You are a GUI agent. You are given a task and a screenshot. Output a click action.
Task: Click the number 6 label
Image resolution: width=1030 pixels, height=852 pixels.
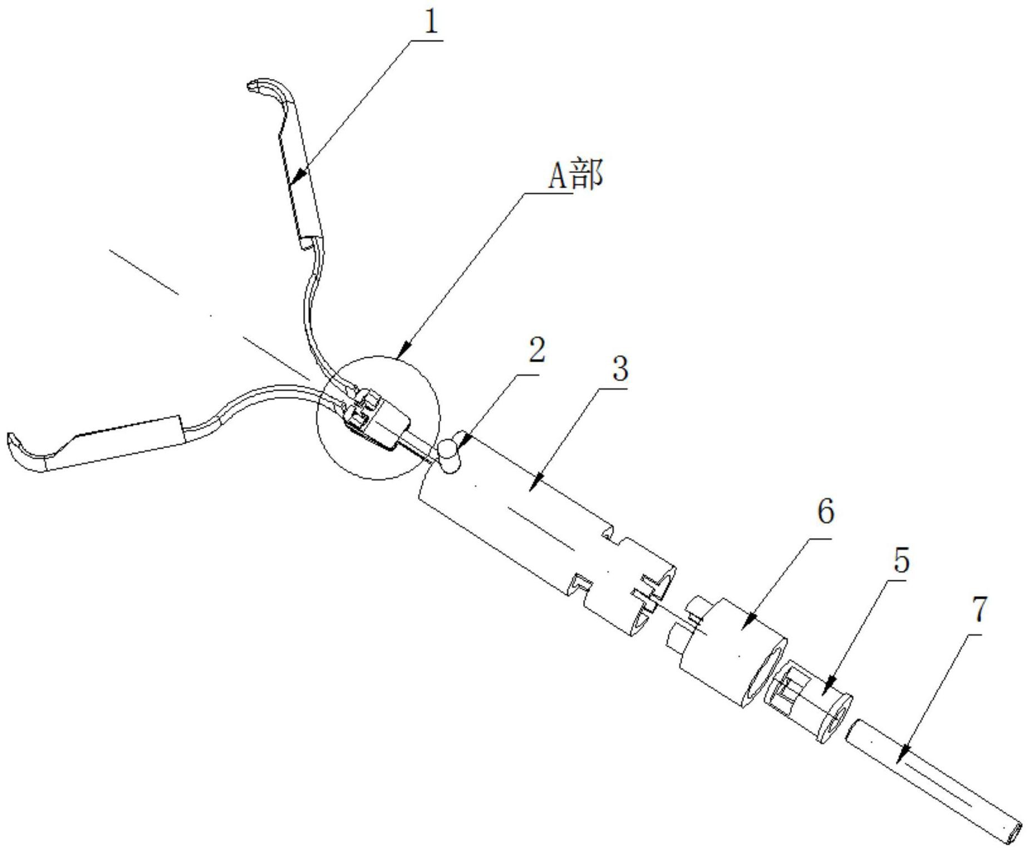(x=825, y=510)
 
